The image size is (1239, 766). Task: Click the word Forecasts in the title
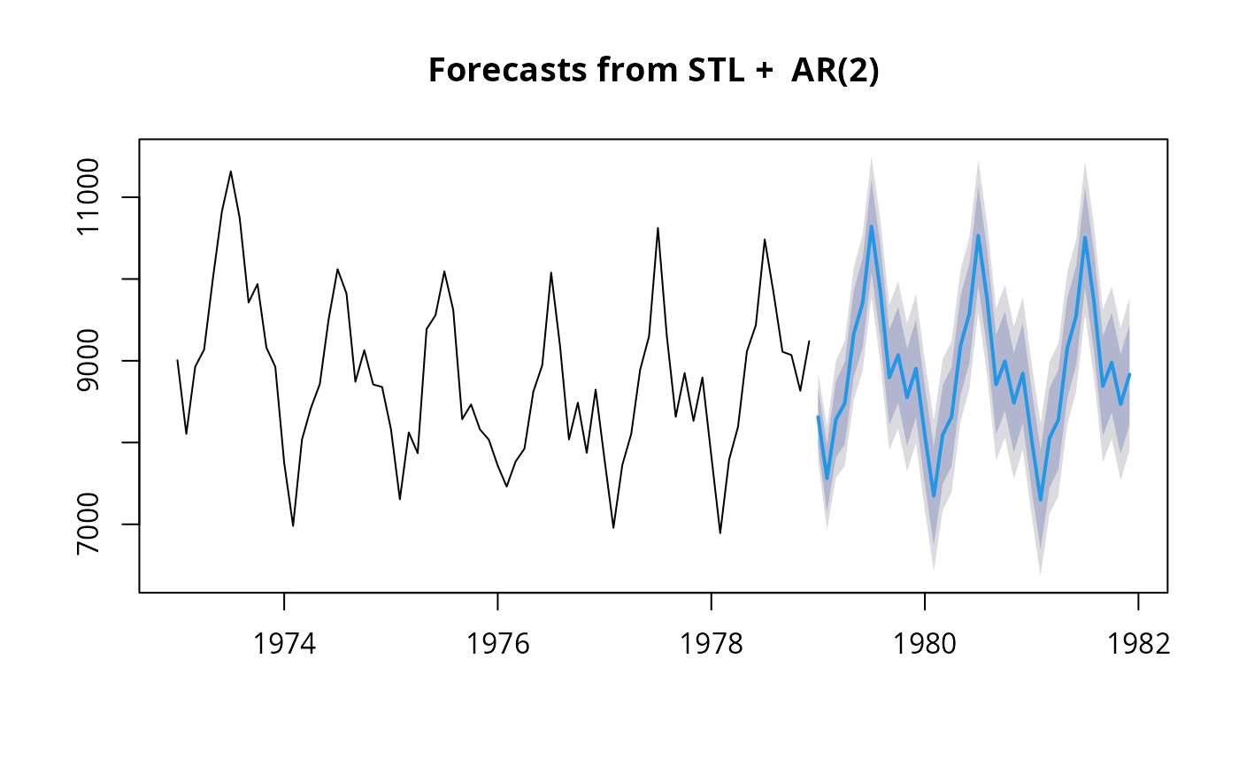click(507, 70)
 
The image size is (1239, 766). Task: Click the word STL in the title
click(716, 70)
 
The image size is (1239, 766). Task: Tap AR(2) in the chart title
click(835, 71)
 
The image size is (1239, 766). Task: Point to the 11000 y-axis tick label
click(88, 196)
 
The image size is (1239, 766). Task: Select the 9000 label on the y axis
click(88, 360)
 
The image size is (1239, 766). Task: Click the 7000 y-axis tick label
click(88, 524)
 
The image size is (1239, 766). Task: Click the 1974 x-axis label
click(284, 644)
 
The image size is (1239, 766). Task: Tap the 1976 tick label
click(497, 644)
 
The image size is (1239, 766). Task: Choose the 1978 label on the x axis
click(712, 644)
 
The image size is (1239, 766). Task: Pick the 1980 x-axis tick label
click(925, 644)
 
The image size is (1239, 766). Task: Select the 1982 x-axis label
click(1138, 644)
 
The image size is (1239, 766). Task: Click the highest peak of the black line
click(231, 172)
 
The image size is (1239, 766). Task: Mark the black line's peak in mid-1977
click(658, 227)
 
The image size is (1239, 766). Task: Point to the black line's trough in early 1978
click(720, 533)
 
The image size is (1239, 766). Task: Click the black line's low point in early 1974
click(293, 525)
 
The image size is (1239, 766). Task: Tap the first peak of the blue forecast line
click(871, 226)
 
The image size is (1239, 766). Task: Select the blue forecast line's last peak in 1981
click(1085, 238)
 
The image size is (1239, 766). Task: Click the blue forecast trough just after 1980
click(934, 495)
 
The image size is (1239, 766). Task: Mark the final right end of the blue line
click(1129, 375)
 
